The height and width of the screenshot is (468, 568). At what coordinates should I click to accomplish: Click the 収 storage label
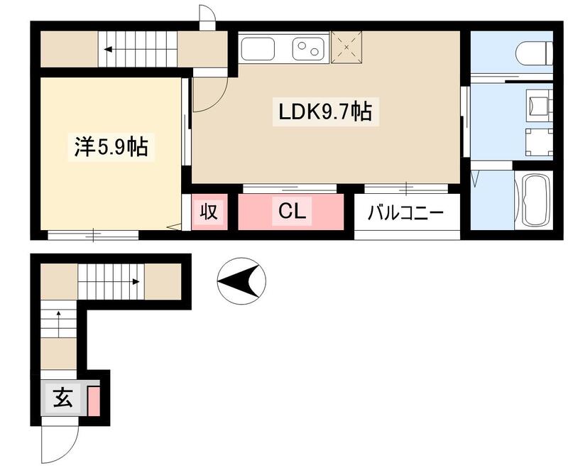[208, 212]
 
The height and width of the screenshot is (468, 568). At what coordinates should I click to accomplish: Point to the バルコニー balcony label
[405, 213]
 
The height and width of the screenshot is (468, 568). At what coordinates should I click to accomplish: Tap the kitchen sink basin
[258, 49]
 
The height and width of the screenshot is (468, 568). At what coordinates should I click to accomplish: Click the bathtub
[532, 201]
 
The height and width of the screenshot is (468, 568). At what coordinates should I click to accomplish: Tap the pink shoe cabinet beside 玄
[94, 400]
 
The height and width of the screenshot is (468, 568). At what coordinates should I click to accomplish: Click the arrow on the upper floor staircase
[117, 50]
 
